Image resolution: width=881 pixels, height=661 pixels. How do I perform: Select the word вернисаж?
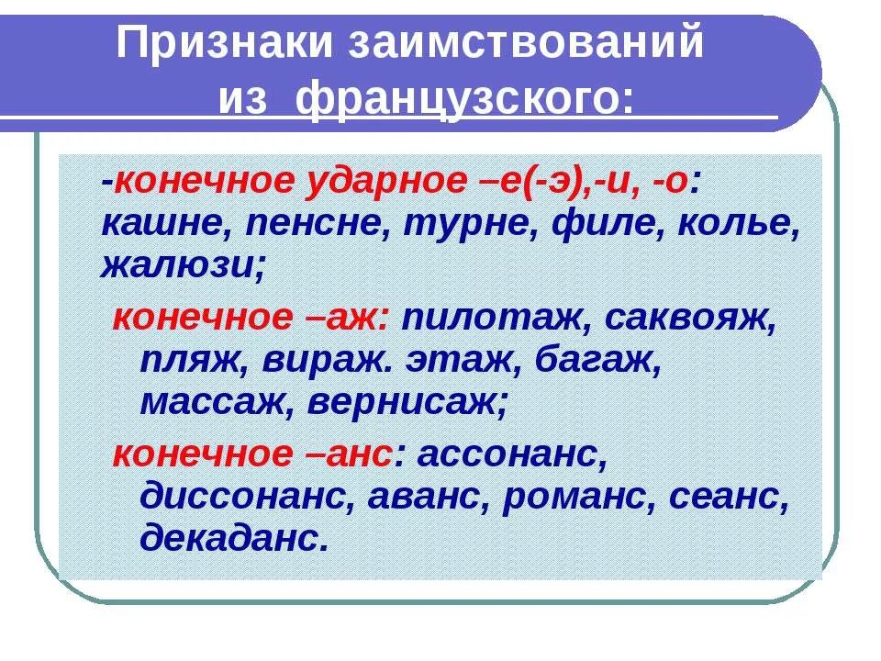coord(405,402)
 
